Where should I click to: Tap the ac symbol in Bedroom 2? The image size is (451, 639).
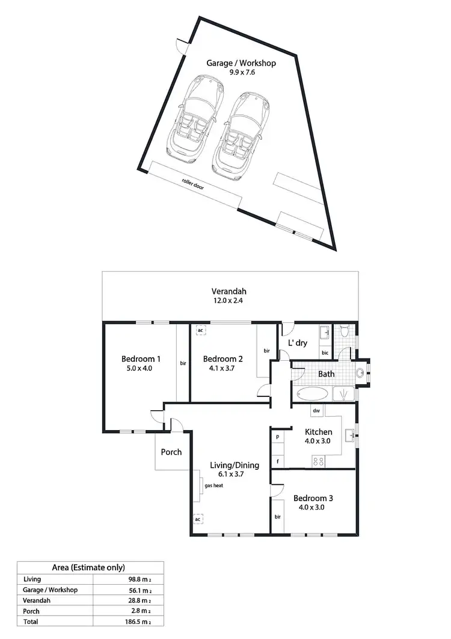(x=200, y=330)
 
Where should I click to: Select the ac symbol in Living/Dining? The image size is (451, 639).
(x=197, y=518)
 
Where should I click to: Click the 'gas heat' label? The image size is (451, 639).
(x=214, y=485)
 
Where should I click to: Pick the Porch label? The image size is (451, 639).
(x=171, y=452)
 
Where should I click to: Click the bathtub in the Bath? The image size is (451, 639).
(x=312, y=394)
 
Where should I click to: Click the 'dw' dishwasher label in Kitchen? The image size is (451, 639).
(x=316, y=411)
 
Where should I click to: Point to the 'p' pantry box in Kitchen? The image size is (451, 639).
(x=278, y=436)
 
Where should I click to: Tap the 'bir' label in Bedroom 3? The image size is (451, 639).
(x=278, y=517)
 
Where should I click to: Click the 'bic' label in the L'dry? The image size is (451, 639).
(x=325, y=352)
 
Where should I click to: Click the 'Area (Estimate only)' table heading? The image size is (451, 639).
(x=90, y=567)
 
